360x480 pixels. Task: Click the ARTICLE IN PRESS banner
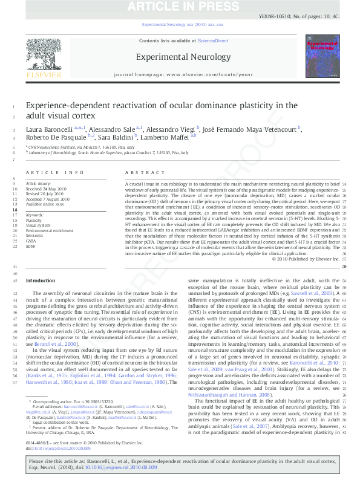point(180,7)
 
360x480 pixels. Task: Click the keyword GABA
point(31,241)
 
